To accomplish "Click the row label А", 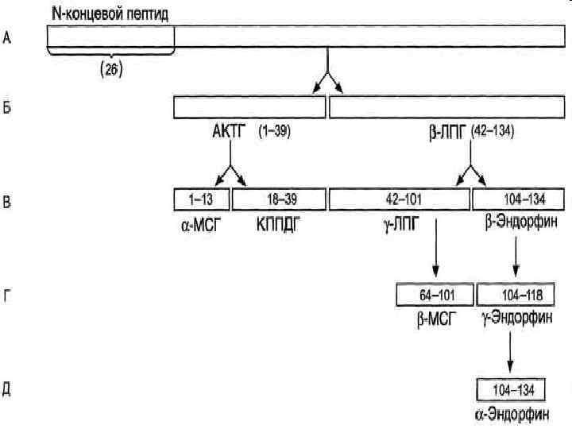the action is tap(7, 37).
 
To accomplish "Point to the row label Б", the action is tap(7, 107).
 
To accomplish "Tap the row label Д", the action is tap(7, 389).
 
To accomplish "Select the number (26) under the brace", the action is tap(110, 69).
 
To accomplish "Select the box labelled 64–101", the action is tap(435, 296).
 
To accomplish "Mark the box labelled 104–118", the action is tap(514, 296).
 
